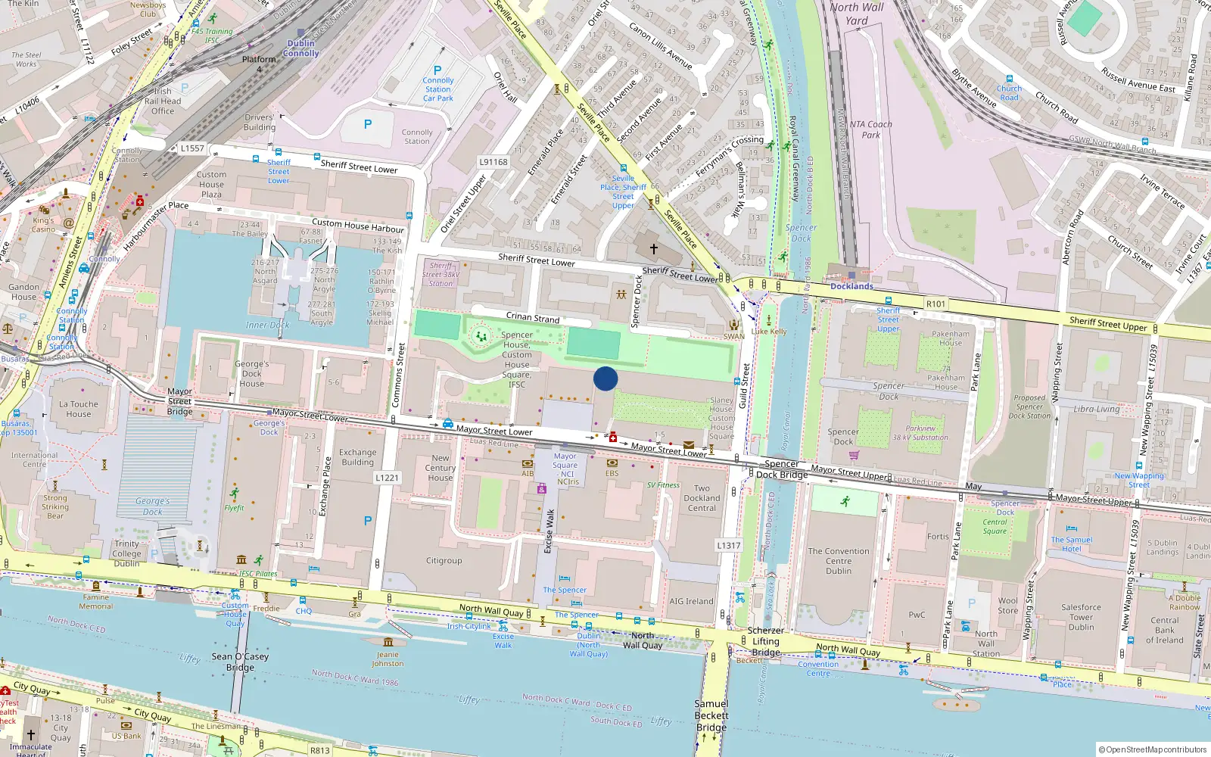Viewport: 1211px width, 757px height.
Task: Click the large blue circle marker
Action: (605, 378)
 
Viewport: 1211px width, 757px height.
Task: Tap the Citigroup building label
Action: (444, 561)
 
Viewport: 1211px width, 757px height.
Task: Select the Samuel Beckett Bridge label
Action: (711, 715)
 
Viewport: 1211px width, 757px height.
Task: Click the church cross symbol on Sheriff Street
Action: (654, 248)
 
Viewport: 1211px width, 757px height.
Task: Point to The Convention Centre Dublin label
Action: (839, 561)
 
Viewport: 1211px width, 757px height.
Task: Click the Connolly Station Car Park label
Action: (437, 89)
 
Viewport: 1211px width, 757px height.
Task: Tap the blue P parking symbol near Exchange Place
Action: (368, 521)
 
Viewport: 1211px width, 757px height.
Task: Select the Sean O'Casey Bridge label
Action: (240, 662)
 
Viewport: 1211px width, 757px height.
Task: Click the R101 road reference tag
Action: (935, 304)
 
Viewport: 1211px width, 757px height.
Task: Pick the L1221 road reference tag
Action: (387, 478)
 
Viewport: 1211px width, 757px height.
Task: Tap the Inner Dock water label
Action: (267, 325)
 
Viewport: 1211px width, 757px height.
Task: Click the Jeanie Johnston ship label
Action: (388, 659)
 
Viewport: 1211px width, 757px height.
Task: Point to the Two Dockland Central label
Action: (702, 498)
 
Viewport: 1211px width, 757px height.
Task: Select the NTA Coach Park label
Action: (870, 129)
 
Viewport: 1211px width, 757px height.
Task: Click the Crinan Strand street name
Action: (533, 317)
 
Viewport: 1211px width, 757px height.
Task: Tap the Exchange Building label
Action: (357, 457)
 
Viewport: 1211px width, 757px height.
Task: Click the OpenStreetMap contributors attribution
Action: (1152, 749)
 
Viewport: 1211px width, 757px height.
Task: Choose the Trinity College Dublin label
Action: (127, 553)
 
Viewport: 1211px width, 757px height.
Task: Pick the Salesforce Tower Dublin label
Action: (1081, 617)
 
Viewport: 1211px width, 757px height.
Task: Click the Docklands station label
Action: (851, 286)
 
